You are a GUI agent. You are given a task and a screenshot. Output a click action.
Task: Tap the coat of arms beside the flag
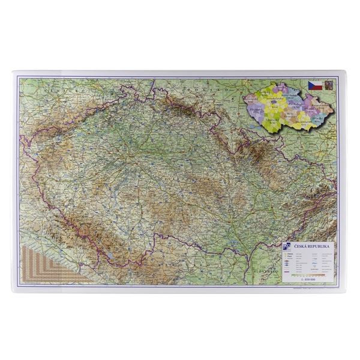pyautogui.click(x=328, y=85)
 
